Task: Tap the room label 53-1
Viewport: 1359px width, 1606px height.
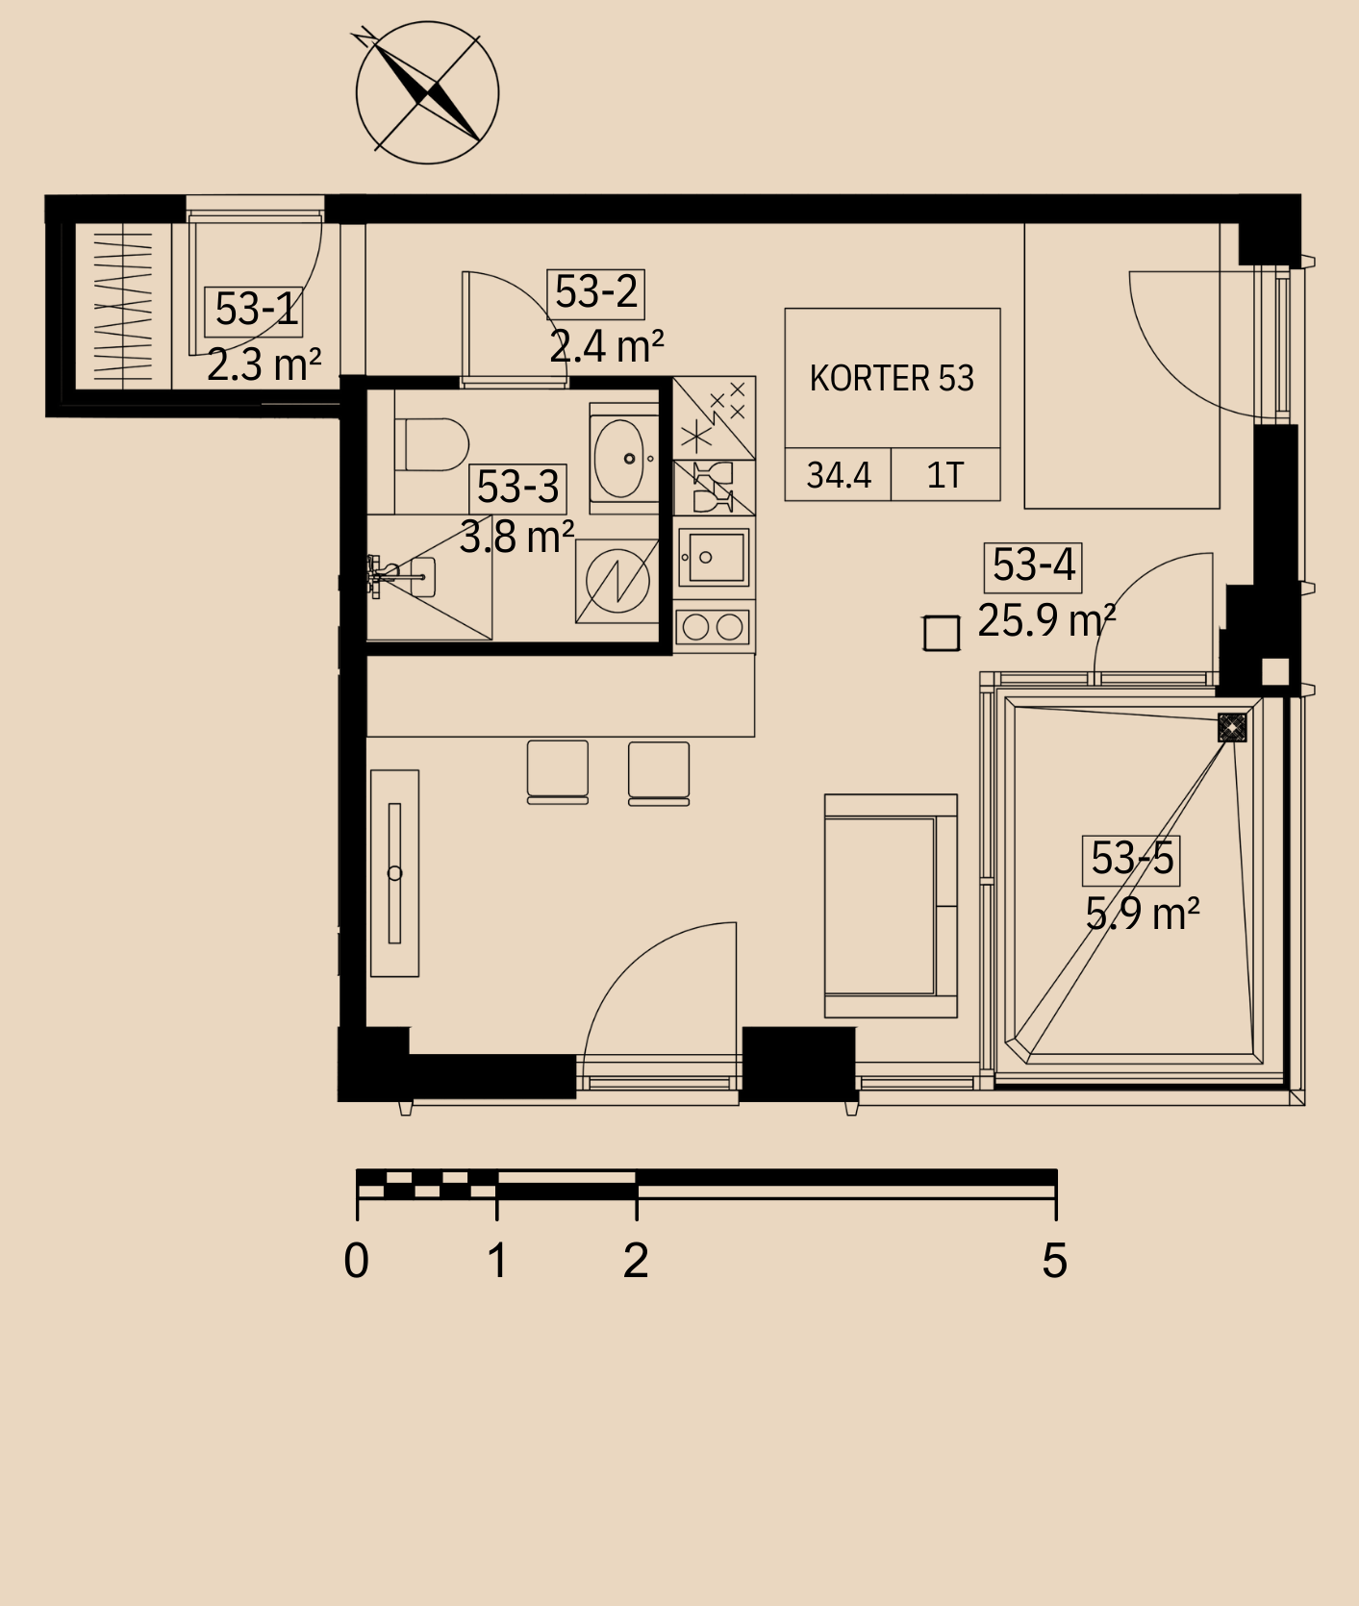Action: [x=256, y=310]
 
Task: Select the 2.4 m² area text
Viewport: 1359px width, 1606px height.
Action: [x=606, y=346]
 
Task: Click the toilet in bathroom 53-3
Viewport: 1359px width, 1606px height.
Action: [x=432, y=444]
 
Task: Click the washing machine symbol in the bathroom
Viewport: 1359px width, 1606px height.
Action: [x=617, y=581]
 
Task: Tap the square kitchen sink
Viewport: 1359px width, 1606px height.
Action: [x=714, y=557]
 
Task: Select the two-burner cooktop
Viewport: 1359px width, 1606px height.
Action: [x=713, y=628]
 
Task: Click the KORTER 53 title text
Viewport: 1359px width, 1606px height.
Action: [x=892, y=379]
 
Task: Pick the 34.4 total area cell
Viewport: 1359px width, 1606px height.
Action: [x=839, y=475]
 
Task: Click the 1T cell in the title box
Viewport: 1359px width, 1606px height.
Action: [x=944, y=475]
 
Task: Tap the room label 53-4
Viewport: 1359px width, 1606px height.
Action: [x=1033, y=565]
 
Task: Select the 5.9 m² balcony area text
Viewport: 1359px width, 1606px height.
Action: [x=1143, y=914]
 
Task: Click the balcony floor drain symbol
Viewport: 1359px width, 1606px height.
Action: [x=1232, y=727]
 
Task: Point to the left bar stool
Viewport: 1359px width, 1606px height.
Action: [x=558, y=772]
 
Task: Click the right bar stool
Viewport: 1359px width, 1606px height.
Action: [x=659, y=773]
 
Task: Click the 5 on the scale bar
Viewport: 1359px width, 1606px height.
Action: [x=1055, y=1261]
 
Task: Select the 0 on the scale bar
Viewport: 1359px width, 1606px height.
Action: [x=356, y=1261]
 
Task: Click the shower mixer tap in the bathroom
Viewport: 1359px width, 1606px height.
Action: [x=386, y=577]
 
